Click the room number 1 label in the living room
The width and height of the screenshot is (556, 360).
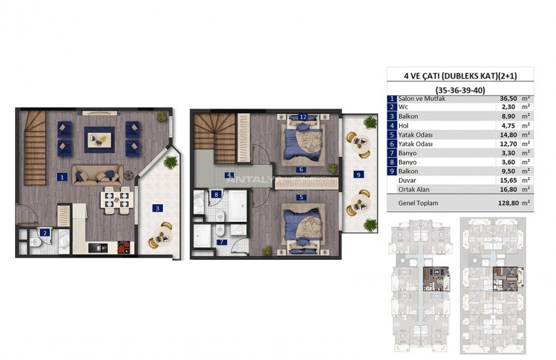pos(62,177)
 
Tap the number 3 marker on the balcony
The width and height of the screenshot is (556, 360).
pos(158,208)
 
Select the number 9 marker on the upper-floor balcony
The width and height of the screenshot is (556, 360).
pos(358,174)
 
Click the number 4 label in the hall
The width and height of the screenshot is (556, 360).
pos(229,175)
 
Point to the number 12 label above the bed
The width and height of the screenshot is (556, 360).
pos(303,117)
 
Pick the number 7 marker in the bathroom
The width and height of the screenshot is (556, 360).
pos(222,242)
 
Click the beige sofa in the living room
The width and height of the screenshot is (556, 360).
pos(98,175)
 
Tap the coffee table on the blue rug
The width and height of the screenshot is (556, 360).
pos(99,139)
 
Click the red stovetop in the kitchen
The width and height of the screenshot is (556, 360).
pos(124,247)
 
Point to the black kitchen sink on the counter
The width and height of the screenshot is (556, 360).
pos(97,247)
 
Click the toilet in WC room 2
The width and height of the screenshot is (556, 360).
pos(35,242)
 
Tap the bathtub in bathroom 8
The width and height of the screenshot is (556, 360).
pos(237,206)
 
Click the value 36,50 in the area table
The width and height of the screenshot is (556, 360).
pos(508,99)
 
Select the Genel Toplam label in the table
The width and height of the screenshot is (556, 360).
pos(418,203)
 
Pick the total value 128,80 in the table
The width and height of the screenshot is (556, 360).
pos(508,203)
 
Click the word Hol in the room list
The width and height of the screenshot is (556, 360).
pos(403,126)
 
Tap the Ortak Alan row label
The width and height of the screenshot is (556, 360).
pos(413,189)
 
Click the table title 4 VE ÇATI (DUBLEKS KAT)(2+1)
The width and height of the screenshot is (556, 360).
pos(460,75)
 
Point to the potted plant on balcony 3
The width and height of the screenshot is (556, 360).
pos(171,162)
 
